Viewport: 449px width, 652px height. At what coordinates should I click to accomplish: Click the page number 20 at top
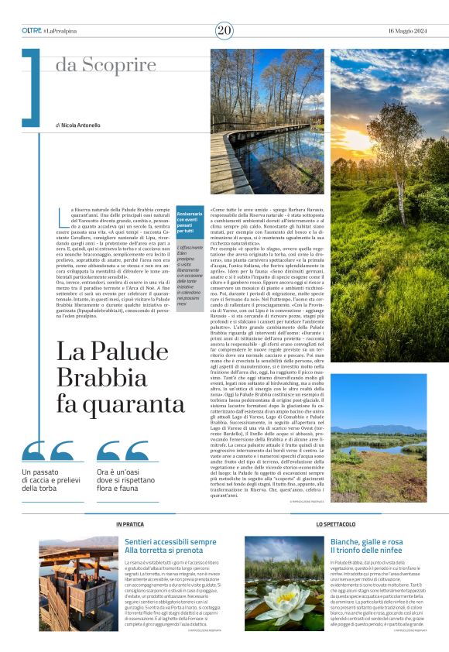tap(224, 30)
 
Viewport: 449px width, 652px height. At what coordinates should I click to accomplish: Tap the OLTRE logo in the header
tap(32, 30)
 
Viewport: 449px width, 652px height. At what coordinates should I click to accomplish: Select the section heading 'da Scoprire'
tap(105, 65)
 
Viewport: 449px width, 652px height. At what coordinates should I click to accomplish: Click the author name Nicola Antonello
tap(80, 125)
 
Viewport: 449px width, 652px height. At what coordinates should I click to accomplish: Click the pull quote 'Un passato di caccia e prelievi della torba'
tap(51, 480)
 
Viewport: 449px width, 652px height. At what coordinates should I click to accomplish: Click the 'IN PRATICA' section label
tap(129, 524)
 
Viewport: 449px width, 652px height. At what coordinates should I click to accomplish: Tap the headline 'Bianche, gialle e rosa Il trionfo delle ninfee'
tap(366, 546)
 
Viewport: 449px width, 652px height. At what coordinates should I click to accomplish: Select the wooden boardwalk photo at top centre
tap(267, 122)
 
